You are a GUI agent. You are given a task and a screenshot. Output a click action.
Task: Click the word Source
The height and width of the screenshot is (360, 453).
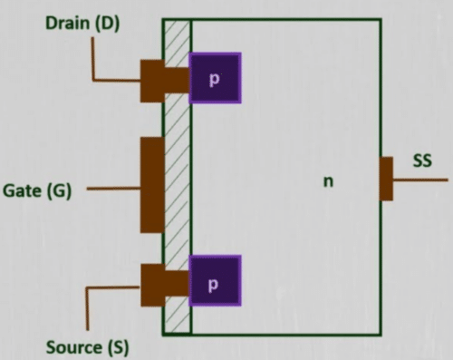[x=71, y=347]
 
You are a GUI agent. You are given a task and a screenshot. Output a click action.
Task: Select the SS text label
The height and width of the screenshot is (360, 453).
[x=422, y=161]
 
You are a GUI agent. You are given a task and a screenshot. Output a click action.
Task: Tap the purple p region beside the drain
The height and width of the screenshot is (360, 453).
[x=216, y=79]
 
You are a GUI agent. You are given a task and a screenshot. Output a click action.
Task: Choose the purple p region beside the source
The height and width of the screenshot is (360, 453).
[x=215, y=282]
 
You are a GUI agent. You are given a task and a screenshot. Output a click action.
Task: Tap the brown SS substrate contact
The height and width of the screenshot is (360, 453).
[x=386, y=178]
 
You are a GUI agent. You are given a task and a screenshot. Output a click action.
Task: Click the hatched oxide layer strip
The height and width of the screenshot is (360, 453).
[x=178, y=181]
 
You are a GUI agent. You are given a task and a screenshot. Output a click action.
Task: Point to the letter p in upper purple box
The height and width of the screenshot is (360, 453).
[x=215, y=79]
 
